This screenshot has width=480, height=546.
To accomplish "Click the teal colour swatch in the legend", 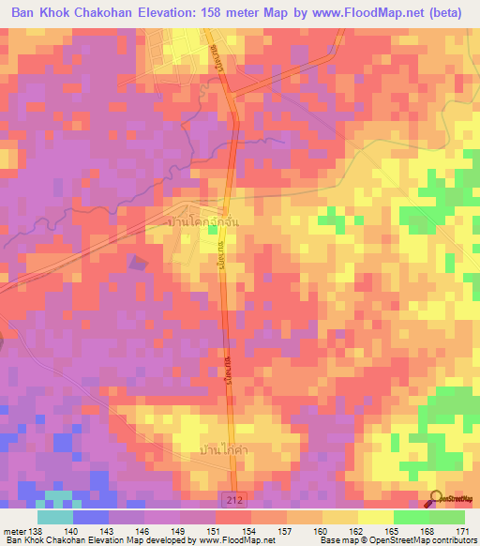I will pyautogui.click(x=55, y=517).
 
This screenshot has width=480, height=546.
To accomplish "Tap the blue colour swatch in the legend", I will pyautogui.click(x=91, y=517).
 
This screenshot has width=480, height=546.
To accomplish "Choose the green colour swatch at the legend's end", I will pyautogui.click(x=446, y=517).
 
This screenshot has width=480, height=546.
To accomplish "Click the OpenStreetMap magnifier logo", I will pyautogui.click(x=436, y=498).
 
